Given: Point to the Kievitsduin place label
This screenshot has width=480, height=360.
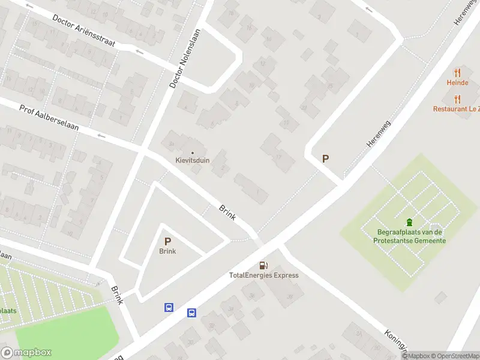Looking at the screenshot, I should pyautogui.click(x=192, y=160).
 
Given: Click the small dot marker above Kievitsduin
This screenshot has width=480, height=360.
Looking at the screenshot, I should pyautogui.click(x=193, y=152).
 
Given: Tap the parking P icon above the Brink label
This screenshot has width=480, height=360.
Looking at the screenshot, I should pyautogui.click(x=167, y=241).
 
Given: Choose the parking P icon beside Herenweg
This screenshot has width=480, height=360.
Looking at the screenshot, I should pyautogui.click(x=326, y=159).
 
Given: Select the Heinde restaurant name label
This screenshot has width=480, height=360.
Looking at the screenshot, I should pyautogui.click(x=457, y=83).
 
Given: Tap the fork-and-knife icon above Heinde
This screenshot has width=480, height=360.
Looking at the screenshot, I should pyautogui.click(x=457, y=73).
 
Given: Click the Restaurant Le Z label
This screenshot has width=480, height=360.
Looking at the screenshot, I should pyautogui.click(x=456, y=109).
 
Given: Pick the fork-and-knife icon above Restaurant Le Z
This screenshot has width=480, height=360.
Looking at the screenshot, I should pyautogui.click(x=457, y=99).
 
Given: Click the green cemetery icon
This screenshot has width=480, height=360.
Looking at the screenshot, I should pyautogui.click(x=410, y=223).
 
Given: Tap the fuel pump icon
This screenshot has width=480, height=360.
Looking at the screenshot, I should pyautogui.click(x=263, y=265).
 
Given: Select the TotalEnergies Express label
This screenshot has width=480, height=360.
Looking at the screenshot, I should pyautogui.click(x=263, y=275).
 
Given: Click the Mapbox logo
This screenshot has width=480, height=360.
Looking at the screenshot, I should pyautogui.click(x=26, y=353).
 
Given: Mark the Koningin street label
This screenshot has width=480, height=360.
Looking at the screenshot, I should pyautogui.click(x=396, y=341).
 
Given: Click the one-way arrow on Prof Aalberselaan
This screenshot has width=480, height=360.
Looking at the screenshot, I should pyautogui.click(x=101, y=136).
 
